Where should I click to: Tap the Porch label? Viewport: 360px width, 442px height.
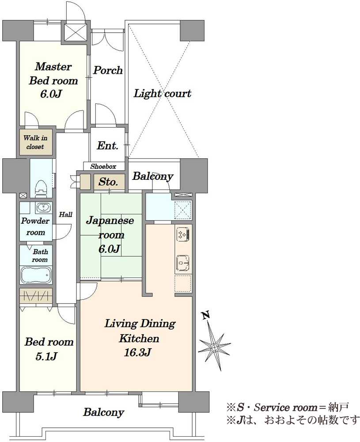[x=108, y=70]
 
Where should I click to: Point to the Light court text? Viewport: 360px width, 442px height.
[x=162, y=93]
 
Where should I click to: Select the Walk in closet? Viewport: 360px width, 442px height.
[x=36, y=142]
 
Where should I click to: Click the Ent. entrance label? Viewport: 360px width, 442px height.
[x=108, y=146]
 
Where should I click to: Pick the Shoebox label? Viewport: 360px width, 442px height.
[x=103, y=167]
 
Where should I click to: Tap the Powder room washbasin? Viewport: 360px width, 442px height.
[x=44, y=207]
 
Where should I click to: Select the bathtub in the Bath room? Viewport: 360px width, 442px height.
[x=36, y=275]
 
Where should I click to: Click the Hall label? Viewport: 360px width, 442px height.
[x=66, y=214]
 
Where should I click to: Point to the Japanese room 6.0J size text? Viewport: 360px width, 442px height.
[x=110, y=249]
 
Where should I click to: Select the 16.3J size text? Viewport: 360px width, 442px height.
[x=138, y=352]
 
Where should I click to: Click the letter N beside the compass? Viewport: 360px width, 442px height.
[x=206, y=315]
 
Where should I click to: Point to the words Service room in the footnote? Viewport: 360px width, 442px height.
[x=286, y=408]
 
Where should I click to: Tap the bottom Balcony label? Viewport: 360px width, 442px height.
[x=103, y=412]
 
